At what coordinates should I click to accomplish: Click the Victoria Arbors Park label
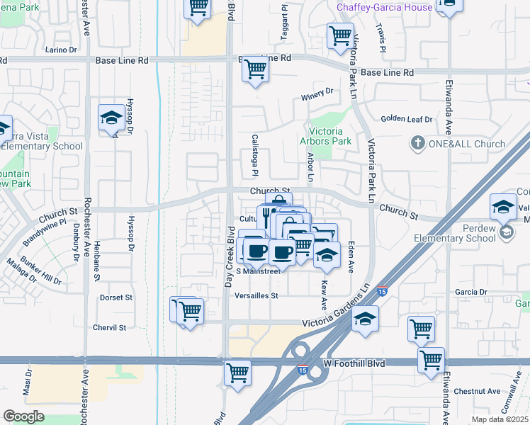330,136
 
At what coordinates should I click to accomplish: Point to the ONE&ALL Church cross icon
417,144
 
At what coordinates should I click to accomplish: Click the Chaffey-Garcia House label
383,7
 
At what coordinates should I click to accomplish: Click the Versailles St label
257,295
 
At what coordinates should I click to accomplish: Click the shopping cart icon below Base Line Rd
254,70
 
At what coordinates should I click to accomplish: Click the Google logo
23,416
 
